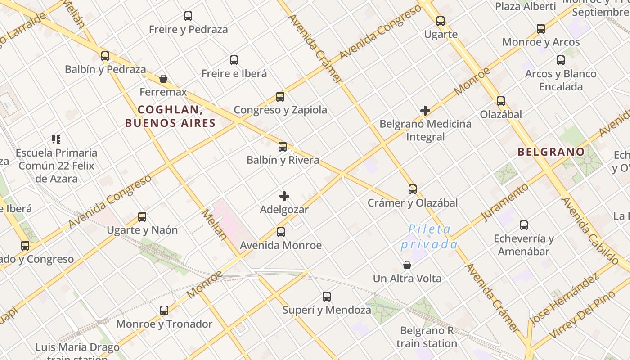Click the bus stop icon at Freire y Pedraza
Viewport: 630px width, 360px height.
pos(188,16)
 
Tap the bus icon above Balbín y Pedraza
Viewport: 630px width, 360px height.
pos(105,56)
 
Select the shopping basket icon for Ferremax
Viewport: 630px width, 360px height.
pos(163,79)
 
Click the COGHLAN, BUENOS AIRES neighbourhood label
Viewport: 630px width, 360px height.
pos(170,116)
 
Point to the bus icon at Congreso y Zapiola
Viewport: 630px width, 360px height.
pos(280,96)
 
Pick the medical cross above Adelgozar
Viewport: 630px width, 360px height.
pos(284,196)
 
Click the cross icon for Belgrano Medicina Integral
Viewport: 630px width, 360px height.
pos(425,110)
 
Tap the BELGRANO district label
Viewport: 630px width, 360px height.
pos(551,152)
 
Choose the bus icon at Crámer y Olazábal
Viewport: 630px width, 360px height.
pos(413,189)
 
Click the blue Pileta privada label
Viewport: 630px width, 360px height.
pos(429,237)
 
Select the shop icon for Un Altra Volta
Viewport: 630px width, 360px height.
pos(407,265)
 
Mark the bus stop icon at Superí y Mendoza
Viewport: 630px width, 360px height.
pos(327,297)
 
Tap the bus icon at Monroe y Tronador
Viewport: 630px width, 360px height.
pos(164,310)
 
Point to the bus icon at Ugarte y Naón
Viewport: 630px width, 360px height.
pos(142,217)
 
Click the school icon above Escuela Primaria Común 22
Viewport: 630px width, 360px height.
pos(56,139)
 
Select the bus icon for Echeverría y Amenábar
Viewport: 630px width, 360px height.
pos(524,225)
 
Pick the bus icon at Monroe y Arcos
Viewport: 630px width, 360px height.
pos(541,29)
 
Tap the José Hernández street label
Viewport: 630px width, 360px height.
pos(565,299)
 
